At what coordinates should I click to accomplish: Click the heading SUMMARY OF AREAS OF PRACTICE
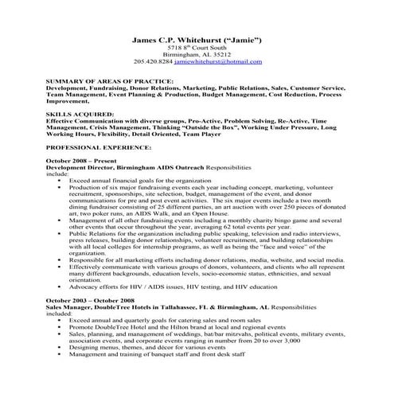(108, 82)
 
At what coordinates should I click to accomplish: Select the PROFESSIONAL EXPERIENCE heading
(100, 148)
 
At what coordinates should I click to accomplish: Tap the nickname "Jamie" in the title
(247, 41)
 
